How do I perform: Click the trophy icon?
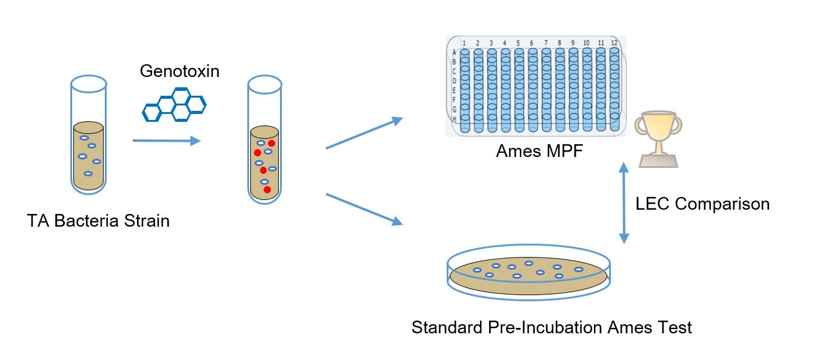pyautogui.click(x=658, y=139)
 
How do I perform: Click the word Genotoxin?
pyautogui.click(x=179, y=71)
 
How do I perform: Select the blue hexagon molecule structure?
pyautogui.click(x=174, y=104)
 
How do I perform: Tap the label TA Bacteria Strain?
pyautogui.click(x=98, y=221)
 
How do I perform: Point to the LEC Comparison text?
pyautogui.click(x=702, y=204)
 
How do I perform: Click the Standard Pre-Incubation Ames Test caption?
pyautogui.click(x=552, y=328)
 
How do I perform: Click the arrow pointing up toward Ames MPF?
pyautogui.click(x=364, y=133)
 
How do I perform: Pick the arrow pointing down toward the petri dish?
pyautogui.click(x=364, y=209)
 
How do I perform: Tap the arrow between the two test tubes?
pyautogui.click(x=166, y=141)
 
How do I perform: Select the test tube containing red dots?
pyautogui.click(x=265, y=140)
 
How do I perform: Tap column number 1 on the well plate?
pyautogui.click(x=464, y=43)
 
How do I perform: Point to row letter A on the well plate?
pyautogui.click(x=454, y=53)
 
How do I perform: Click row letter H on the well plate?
pyautogui.click(x=454, y=119)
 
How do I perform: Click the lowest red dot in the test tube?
pyautogui.click(x=267, y=190)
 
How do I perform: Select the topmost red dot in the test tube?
pyautogui.click(x=272, y=143)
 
